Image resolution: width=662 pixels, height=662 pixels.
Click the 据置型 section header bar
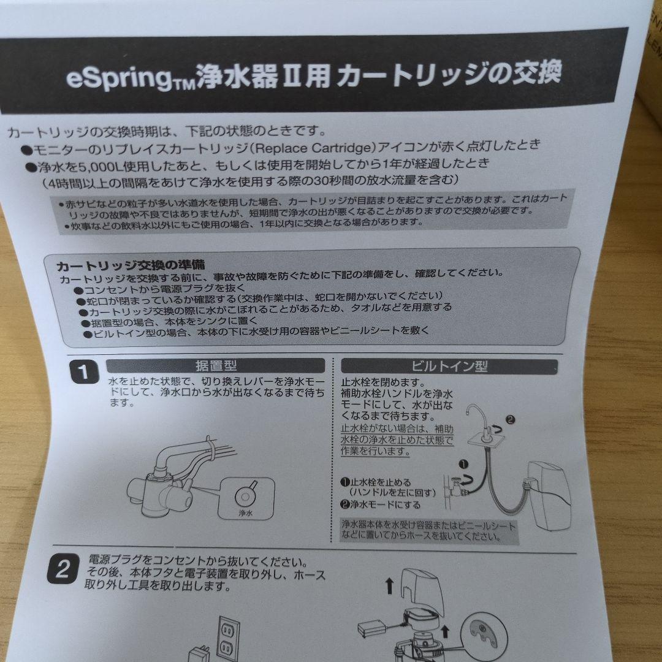coord(216,366)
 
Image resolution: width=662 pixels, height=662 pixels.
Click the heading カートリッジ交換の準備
coord(131,266)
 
